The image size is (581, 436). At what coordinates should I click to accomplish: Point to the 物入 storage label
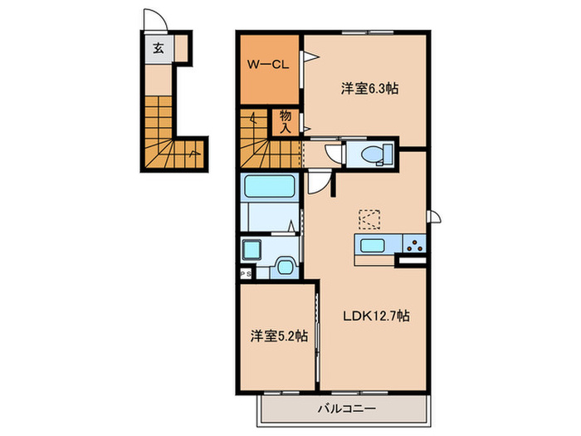click(285, 121)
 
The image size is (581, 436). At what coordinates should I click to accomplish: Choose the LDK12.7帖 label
click(376, 315)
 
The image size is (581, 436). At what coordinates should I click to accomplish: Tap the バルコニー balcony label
click(347, 408)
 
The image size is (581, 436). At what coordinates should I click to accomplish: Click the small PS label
click(246, 272)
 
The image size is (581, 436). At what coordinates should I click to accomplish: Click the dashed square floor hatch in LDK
click(370, 219)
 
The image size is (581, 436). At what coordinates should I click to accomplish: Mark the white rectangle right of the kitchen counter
click(413, 261)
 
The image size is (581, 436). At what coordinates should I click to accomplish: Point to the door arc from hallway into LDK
click(318, 182)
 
